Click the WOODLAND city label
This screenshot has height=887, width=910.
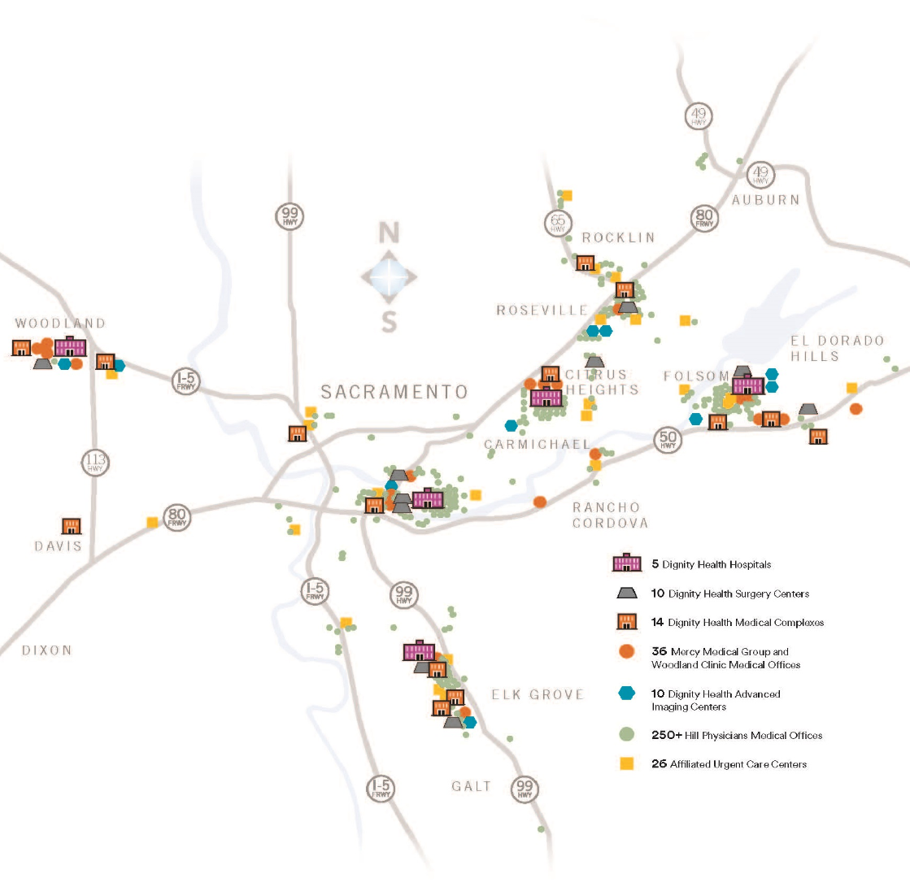pos(60,324)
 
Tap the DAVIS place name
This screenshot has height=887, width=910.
pos(59,546)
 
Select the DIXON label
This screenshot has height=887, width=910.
pos(47,650)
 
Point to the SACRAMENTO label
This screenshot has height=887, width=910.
pos(394,392)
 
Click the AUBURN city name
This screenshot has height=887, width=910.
pos(765,200)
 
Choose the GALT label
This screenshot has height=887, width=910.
pos(472,786)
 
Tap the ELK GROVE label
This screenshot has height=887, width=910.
pos(538,694)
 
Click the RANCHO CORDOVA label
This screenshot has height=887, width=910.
pos(611,515)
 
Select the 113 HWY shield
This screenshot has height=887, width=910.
pos(95,463)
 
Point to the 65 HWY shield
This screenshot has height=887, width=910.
pos(557,222)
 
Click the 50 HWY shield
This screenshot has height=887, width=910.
pos(667,441)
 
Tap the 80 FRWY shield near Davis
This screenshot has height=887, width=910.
pos(176,517)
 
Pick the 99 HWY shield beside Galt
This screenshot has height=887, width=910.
pos(525,788)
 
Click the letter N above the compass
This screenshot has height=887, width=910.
pos(390,234)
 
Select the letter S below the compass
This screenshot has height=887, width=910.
pos(390,323)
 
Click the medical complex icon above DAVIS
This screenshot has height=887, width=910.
pos(72,526)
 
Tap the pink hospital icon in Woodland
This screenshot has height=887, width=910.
pos(71,346)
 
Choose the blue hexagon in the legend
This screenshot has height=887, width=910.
pos(626,694)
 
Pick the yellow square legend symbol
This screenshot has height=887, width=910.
pos(626,763)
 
